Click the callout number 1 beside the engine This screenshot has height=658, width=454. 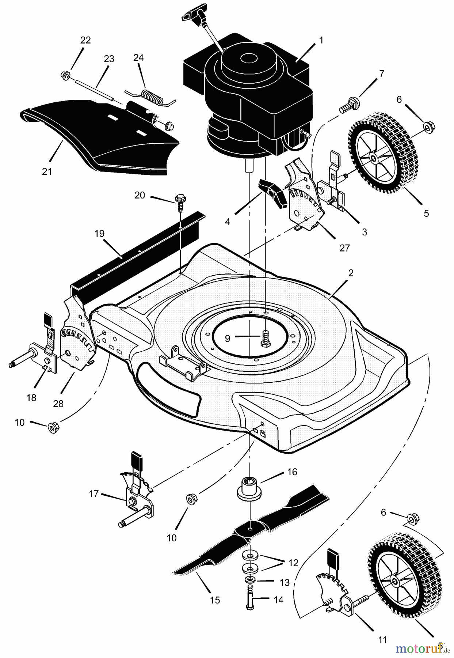[321, 40]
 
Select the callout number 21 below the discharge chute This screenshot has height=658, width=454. [47, 171]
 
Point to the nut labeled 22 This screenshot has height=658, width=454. [65, 76]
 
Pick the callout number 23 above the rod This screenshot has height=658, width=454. [109, 59]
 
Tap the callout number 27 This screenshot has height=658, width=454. [344, 248]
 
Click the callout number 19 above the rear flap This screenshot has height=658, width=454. [99, 234]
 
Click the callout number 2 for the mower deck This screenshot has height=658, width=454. [351, 273]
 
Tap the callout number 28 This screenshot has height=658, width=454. [58, 404]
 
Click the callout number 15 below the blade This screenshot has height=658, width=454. [215, 600]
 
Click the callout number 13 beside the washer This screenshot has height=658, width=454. [285, 582]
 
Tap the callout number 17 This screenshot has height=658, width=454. [94, 494]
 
